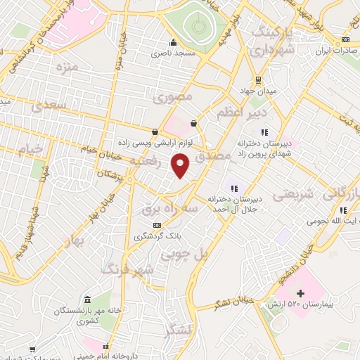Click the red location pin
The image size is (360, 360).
click(181, 166)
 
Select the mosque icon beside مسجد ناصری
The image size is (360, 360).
click(173, 41)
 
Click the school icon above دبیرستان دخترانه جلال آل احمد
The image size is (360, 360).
click(234, 188)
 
